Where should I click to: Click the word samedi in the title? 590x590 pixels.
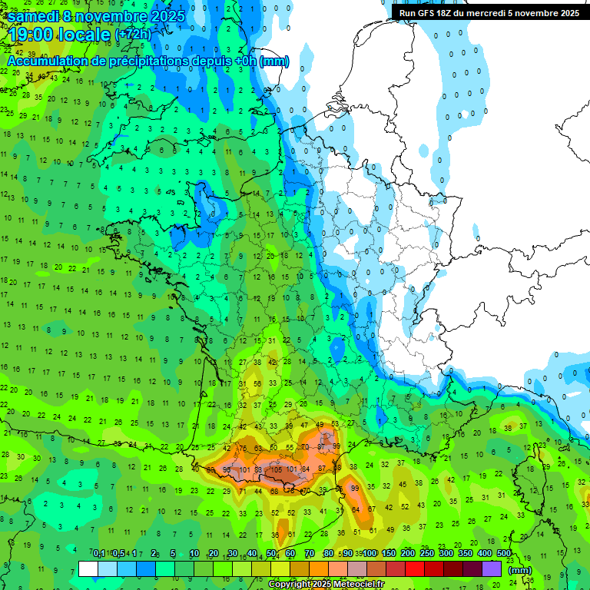[x=35, y=16]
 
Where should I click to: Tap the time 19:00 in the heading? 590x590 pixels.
[x=32, y=35]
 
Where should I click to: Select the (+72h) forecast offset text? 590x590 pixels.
[x=132, y=35]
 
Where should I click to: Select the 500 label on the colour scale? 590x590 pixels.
[x=504, y=554]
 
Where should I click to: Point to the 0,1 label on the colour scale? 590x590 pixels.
[x=98, y=554]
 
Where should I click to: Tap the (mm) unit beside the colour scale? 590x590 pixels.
[x=520, y=570]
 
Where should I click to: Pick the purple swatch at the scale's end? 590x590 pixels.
[x=492, y=568]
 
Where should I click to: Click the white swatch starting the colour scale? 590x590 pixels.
[x=88, y=568]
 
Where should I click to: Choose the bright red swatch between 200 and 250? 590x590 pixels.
[x=415, y=568]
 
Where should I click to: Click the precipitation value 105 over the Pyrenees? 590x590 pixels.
[x=277, y=469]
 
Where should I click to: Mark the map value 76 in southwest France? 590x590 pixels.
[x=244, y=449]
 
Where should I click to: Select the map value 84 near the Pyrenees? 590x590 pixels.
[x=305, y=469]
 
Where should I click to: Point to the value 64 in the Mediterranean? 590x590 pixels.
[x=356, y=509]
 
